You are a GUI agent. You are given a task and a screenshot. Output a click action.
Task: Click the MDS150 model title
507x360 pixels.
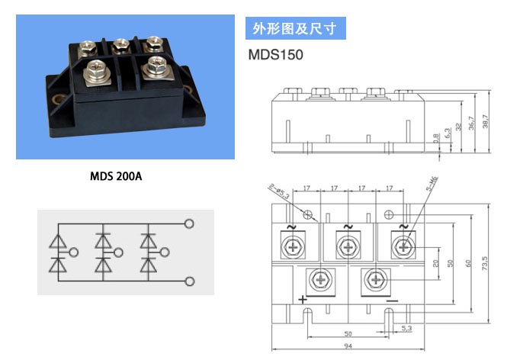[275, 55]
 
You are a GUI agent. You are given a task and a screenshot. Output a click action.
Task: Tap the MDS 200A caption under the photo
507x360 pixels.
[116, 176]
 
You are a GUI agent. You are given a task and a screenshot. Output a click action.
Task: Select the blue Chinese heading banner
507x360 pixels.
[296, 28]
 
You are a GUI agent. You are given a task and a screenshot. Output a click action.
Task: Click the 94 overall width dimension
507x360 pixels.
[348, 346]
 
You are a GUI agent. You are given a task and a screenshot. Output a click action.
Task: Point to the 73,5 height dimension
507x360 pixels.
[484, 263]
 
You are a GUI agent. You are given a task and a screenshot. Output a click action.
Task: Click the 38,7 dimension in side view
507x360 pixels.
[486, 121]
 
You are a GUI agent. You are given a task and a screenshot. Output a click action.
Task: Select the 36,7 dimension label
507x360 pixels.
[471, 124]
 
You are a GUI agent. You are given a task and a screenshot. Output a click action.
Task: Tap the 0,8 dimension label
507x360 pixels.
[437, 138]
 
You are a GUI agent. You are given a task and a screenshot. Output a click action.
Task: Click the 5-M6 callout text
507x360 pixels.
[432, 183]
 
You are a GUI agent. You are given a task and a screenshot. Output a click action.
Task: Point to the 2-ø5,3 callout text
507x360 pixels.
[279, 191]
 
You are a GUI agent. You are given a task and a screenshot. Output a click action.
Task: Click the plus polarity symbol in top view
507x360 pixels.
[303, 300]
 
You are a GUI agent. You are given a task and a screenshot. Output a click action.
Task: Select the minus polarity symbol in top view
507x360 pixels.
[392, 301]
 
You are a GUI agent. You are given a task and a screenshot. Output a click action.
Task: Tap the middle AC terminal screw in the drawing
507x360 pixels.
[348, 247]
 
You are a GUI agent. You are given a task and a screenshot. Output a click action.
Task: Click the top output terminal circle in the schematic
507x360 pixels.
[189, 223]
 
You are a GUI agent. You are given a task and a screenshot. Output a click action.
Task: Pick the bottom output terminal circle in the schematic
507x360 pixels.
[190, 281]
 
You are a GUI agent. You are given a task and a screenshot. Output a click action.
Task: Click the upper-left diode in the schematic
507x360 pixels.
[58, 241]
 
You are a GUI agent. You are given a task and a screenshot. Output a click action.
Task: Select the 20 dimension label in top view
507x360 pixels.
[435, 263]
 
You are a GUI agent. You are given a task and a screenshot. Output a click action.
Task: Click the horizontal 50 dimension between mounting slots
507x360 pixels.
[348, 333]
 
